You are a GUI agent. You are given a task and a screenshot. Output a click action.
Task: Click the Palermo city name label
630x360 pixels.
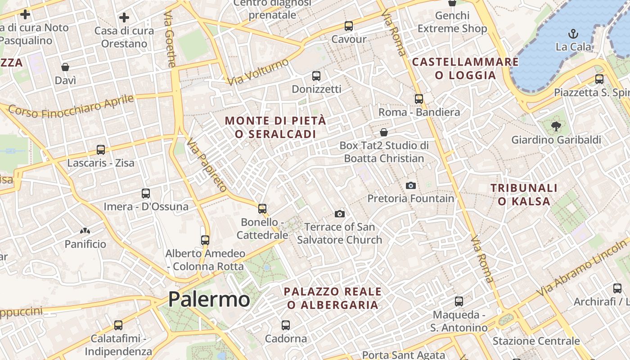coord(209,299)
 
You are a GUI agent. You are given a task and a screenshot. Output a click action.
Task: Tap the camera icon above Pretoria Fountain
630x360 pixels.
coord(410,185)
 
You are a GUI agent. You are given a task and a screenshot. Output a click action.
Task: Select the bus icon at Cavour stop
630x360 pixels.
coord(349,26)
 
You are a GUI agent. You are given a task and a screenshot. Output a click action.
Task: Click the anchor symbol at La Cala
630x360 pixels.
coord(573,33)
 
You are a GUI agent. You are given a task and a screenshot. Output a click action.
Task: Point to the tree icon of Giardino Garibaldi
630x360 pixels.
coord(556,126)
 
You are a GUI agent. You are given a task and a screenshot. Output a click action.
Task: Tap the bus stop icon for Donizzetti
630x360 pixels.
coord(316,76)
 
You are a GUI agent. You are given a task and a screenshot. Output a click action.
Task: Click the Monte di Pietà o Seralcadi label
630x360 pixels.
coord(275,127)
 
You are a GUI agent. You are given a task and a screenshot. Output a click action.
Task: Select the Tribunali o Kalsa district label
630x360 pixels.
coord(524,194)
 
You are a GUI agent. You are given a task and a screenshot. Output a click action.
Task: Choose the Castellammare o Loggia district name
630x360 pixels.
coord(465,68)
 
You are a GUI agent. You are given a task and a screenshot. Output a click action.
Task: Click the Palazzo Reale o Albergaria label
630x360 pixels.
coord(333,298)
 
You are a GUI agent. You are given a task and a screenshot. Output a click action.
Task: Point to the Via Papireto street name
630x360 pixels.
coord(207,166)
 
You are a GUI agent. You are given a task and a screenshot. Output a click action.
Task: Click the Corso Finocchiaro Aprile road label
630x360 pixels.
coord(71,107)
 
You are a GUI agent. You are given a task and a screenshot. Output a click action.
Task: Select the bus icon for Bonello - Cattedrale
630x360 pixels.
coord(262,209)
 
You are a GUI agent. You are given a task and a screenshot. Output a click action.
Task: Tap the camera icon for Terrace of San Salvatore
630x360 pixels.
coord(340,214)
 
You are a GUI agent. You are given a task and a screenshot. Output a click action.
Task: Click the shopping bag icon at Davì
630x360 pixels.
coord(65,67)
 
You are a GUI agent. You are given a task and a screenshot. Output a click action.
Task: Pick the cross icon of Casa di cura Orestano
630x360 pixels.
coord(124,18)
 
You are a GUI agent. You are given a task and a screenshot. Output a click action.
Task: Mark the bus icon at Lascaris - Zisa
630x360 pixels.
coord(101,149)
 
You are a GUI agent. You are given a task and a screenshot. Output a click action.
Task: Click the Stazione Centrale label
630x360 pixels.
coord(536,341)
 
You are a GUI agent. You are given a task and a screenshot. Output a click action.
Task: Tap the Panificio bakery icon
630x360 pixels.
coord(85,231)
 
